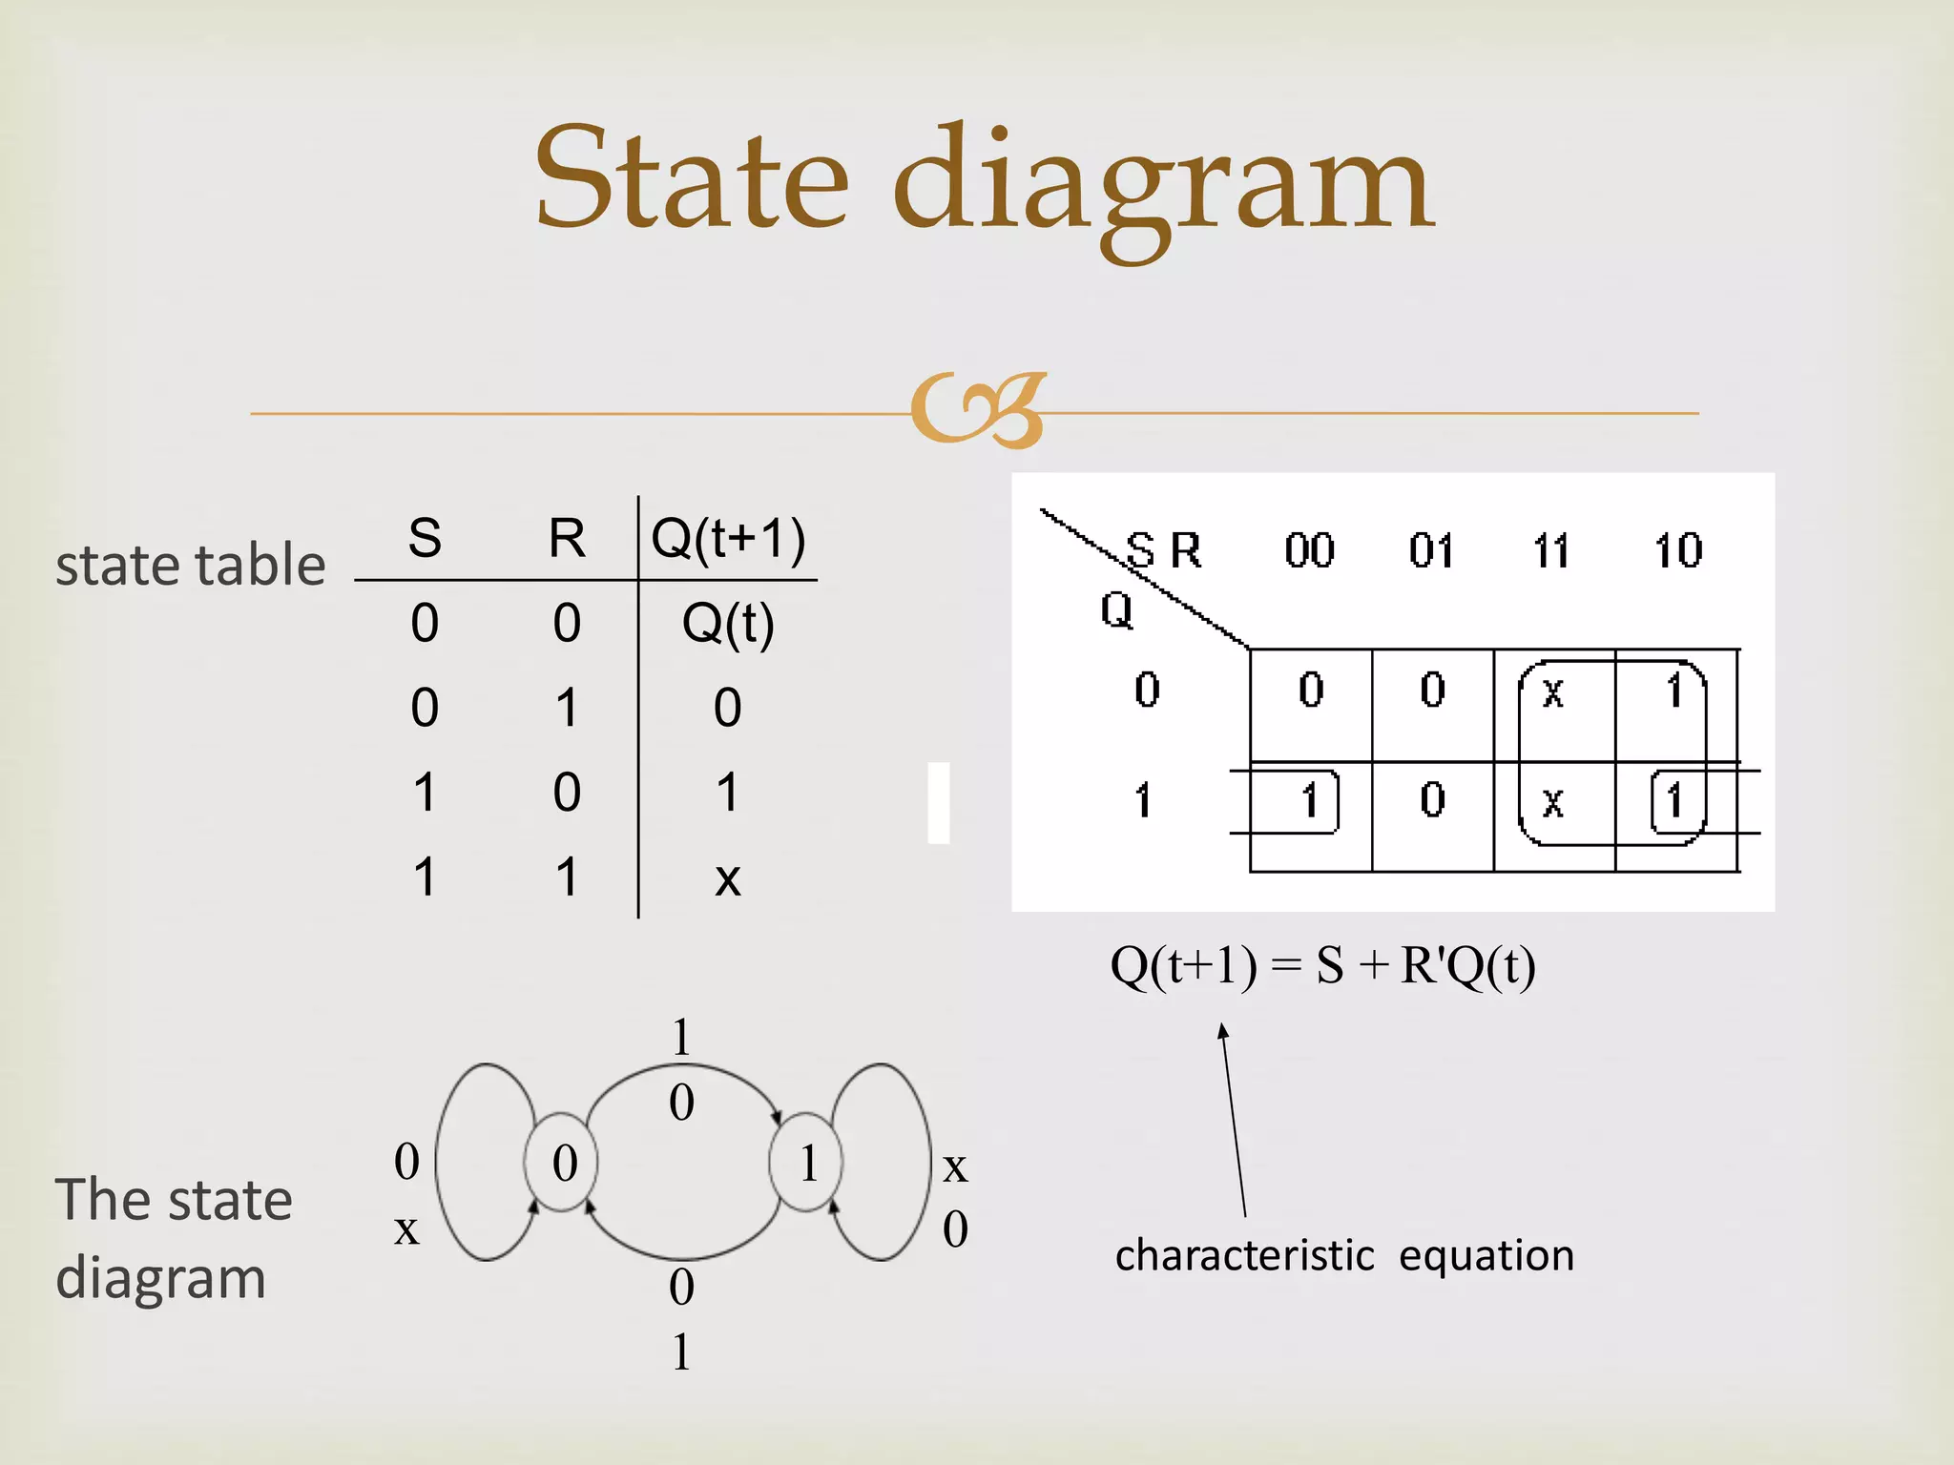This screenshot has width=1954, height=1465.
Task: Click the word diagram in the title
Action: click(1162, 186)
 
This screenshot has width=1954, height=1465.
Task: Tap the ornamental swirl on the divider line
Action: click(979, 410)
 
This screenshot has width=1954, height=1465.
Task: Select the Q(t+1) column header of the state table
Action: click(728, 539)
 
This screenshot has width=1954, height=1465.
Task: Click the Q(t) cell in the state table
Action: click(728, 625)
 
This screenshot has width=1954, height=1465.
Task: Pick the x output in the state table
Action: click(728, 878)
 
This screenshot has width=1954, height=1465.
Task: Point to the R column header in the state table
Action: click(567, 539)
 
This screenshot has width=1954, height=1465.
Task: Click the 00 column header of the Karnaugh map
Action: click(1309, 550)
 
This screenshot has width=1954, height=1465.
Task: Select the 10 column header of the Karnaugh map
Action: click(1677, 550)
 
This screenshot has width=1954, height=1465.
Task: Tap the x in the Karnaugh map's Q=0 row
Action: click(1552, 691)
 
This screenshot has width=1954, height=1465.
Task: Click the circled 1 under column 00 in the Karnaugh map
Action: click(1309, 801)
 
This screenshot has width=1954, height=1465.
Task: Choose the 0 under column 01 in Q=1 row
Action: click(1432, 800)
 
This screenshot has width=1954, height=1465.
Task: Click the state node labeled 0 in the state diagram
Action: click(563, 1163)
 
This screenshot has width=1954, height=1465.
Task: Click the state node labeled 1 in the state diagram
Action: click(807, 1163)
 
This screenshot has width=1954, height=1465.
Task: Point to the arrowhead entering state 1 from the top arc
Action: click(777, 1117)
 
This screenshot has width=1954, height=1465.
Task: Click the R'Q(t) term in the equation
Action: click(1468, 966)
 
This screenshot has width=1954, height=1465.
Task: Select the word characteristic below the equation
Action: click(1244, 1256)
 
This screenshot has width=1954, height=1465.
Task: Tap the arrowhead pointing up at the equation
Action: click(1223, 1031)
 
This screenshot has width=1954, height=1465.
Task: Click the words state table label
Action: click(190, 565)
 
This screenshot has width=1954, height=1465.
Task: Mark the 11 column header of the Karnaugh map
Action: click(1551, 550)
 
